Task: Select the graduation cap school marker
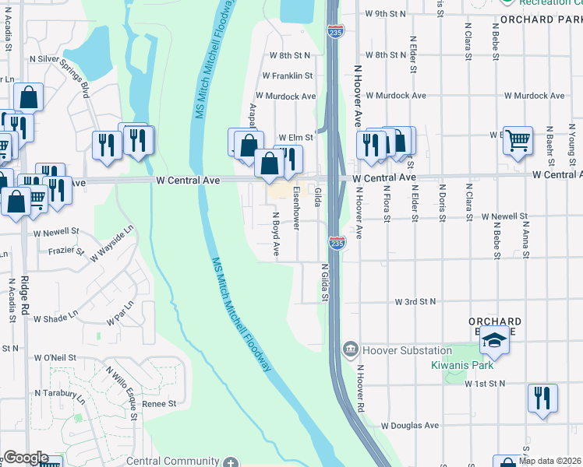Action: (494, 340)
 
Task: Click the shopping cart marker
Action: (518, 140)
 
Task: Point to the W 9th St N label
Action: (386, 14)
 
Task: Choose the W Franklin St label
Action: (288, 76)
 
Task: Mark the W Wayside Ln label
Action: (111, 242)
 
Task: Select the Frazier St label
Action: (65, 251)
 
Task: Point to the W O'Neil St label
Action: (55, 357)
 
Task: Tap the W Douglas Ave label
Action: (410, 426)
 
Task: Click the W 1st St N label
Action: (485, 384)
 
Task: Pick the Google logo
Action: (26, 458)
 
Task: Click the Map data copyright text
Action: (549, 461)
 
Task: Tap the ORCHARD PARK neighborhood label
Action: (541, 19)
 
